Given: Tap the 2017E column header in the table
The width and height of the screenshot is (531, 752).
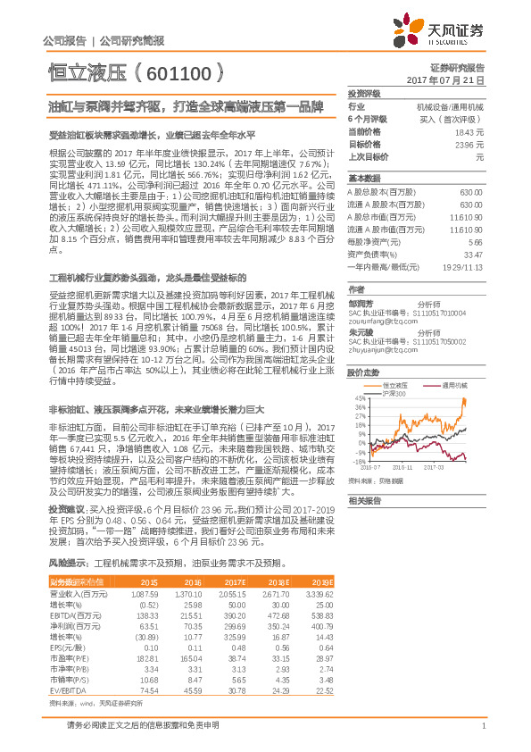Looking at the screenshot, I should pos(234,581).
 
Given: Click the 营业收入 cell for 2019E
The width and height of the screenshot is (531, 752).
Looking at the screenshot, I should pos(320,593).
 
